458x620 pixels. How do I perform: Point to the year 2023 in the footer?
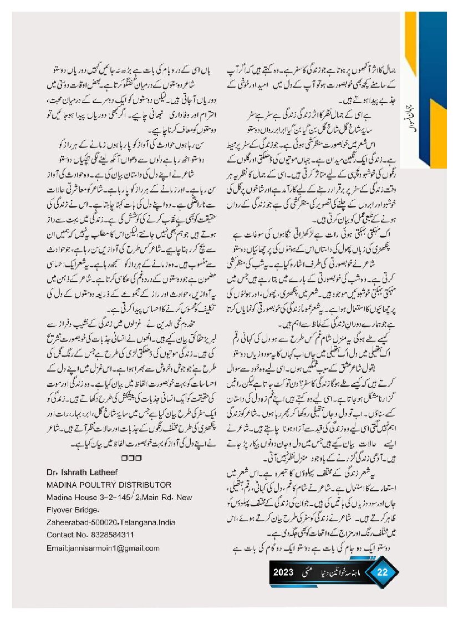click(288, 573)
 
